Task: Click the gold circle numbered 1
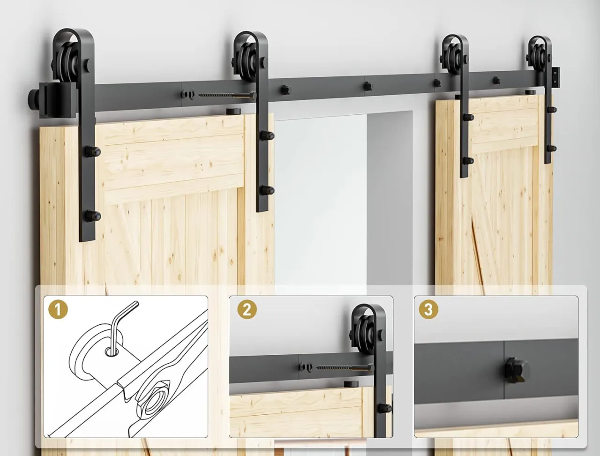point(58,309)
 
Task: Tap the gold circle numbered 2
point(247,309)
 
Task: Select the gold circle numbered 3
point(428,309)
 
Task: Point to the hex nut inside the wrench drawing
point(153,401)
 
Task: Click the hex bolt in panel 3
point(517,370)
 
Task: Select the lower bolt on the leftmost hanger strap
point(92,216)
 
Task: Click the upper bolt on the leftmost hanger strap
point(92,151)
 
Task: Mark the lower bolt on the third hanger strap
point(467,161)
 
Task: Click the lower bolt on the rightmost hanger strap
point(551,149)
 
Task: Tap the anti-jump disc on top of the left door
point(233,112)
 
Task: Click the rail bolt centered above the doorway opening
point(367,86)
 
